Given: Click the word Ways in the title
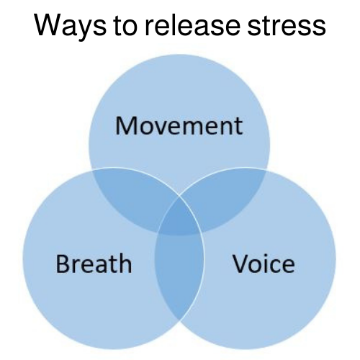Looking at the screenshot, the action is click(70, 26).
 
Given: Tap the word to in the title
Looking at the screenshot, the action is click(125, 25).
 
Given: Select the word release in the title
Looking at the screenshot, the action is click(192, 24).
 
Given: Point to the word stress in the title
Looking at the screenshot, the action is click(287, 26).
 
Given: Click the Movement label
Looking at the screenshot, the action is click(179, 126).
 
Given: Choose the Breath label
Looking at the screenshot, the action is click(94, 263).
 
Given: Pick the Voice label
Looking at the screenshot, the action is click(264, 264).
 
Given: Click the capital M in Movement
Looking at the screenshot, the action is click(126, 126).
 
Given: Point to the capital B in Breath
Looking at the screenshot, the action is click(63, 264).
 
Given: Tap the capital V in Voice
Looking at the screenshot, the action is click(241, 264).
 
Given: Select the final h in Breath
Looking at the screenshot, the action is click(126, 263).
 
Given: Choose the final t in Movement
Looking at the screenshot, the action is click(239, 127).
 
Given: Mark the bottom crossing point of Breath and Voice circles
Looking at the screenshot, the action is click(179, 320).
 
